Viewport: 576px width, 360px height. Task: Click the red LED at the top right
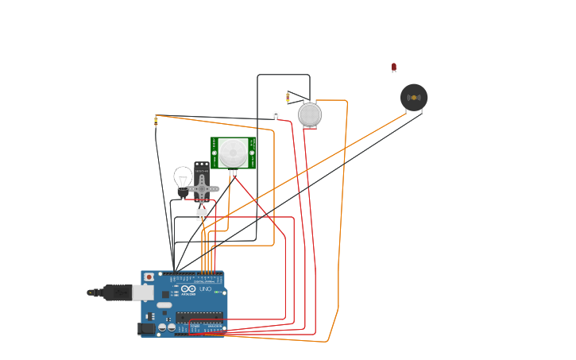point(393,68)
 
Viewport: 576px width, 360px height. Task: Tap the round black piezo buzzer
point(413,98)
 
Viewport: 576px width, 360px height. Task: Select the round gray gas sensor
point(310,115)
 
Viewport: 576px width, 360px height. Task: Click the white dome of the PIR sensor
point(233,151)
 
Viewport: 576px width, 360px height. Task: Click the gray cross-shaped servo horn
point(203,188)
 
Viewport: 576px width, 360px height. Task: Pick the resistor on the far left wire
point(156,122)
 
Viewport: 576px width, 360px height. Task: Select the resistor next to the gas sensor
point(288,98)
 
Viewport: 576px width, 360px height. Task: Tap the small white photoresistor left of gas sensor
point(276,114)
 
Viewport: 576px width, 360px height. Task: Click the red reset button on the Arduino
point(149,277)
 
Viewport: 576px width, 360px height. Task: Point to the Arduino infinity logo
point(188,288)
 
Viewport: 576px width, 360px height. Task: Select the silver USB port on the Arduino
point(142,292)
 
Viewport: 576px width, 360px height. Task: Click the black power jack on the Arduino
point(145,328)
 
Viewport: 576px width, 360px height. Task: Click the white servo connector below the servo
point(202,213)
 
